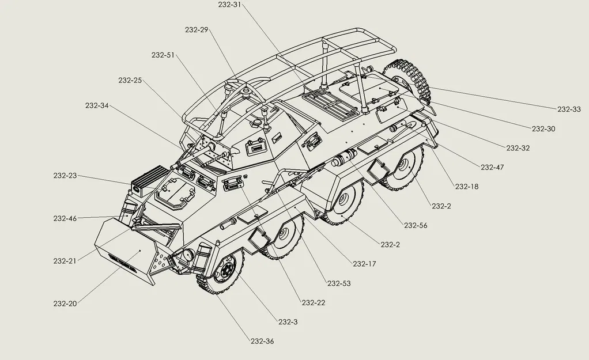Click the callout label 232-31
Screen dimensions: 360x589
click(x=229, y=5)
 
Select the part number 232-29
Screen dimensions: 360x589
click(x=197, y=29)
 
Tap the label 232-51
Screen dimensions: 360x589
click(x=163, y=55)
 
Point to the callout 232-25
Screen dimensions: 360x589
click(x=130, y=80)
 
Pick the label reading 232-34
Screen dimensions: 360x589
click(x=97, y=105)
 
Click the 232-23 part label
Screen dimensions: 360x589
click(x=65, y=176)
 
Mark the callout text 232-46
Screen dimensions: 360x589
click(x=65, y=218)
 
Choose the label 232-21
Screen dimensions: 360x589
click(x=65, y=261)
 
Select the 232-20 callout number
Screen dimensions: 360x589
click(x=65, y=304)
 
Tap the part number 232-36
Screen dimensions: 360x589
click(x=262, y=341)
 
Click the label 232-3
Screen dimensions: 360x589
click(x=288, y=322)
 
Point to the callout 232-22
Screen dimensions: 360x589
click(x=314, y=303)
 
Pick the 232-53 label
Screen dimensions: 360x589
click(x=339, y=283)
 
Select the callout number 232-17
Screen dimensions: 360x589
click(x=364, y=264)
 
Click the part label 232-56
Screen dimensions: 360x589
click(x=416, y=225)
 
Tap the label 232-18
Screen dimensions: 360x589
click(x=467, y=187)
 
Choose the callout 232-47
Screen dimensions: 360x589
click(x=492, y=167)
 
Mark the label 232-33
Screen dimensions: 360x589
click(x=569, y=109)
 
